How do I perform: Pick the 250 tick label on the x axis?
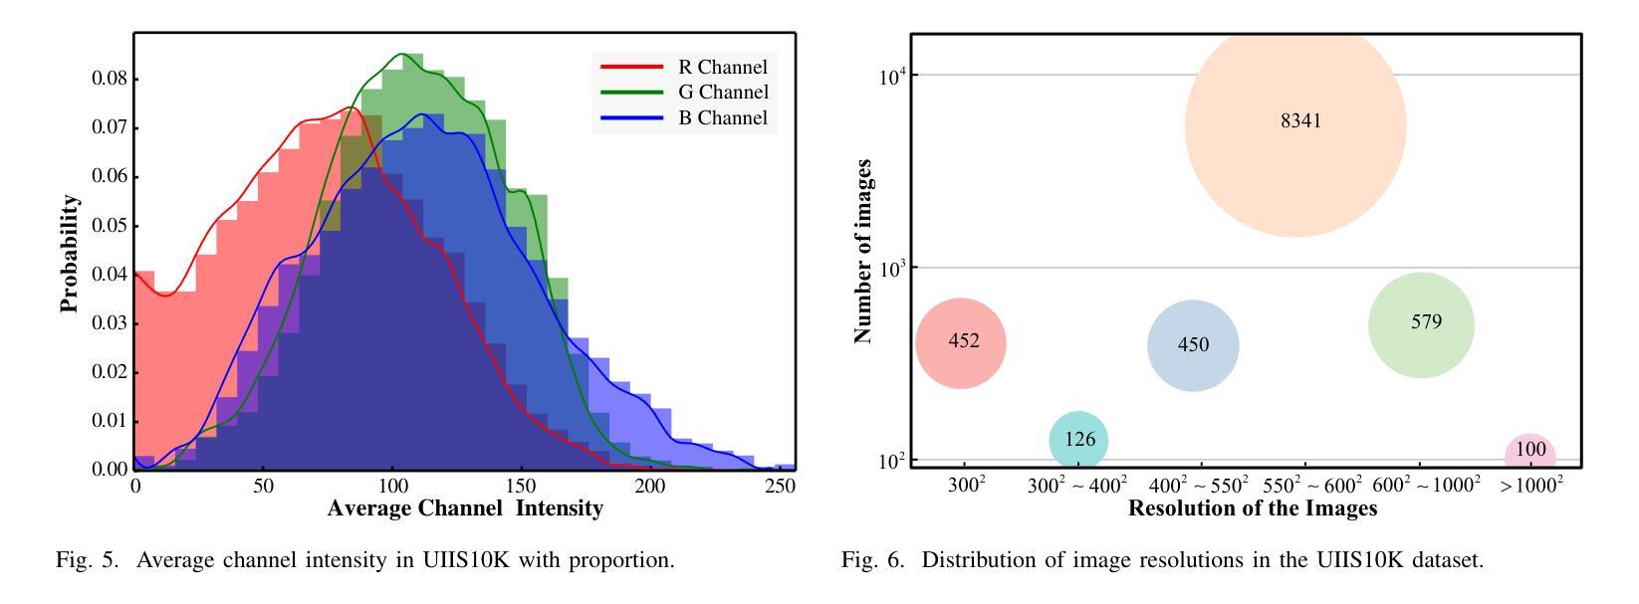[779, 487]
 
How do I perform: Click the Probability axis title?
[70, 254]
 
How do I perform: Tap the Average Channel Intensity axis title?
[465, 508]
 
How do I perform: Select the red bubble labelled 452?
[961, 343]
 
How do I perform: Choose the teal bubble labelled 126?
[1078, 441]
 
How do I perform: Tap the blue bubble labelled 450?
[1193, 346]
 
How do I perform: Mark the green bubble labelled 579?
[1421, 324]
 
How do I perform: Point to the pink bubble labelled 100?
[1529, 453]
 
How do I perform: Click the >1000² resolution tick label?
[1530, 486]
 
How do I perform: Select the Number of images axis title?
[863, 251]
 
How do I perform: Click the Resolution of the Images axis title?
[1252, 508]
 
